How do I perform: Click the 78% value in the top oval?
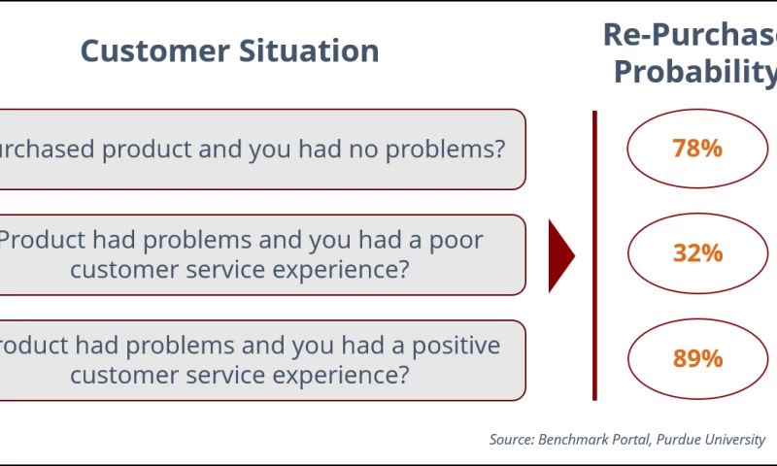tap(697, 149)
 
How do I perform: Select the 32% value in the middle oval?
tap(697, 253)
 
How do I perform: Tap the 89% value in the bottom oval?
tap(697, 358)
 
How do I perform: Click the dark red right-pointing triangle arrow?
tap(560, 255)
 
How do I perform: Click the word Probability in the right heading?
tap(695, 72)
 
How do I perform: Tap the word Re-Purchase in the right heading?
tap(690, 34)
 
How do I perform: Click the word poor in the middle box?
tap(455, 240)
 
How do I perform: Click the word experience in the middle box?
tap(330, 269)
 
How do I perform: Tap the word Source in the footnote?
tap(510, 440)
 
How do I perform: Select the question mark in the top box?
tap(498, 150)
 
